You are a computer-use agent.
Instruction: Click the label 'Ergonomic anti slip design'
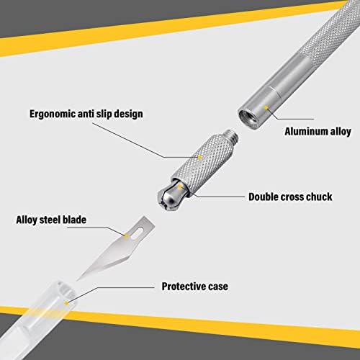86,114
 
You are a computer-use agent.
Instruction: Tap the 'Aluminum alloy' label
318,132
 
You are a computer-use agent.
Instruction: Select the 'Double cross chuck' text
290,197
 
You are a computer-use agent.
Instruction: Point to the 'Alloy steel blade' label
51,220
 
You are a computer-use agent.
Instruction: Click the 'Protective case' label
195,287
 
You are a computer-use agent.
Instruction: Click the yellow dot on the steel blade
127,236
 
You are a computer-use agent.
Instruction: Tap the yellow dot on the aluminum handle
266,108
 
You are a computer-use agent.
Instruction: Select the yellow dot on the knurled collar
199,157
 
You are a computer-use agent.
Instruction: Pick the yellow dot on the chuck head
180,186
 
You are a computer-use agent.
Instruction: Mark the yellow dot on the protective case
67,303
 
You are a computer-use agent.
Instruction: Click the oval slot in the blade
138,233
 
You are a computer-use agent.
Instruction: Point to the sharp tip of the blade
77,280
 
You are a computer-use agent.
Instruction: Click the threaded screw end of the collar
232,136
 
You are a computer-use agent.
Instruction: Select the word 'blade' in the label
74,220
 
